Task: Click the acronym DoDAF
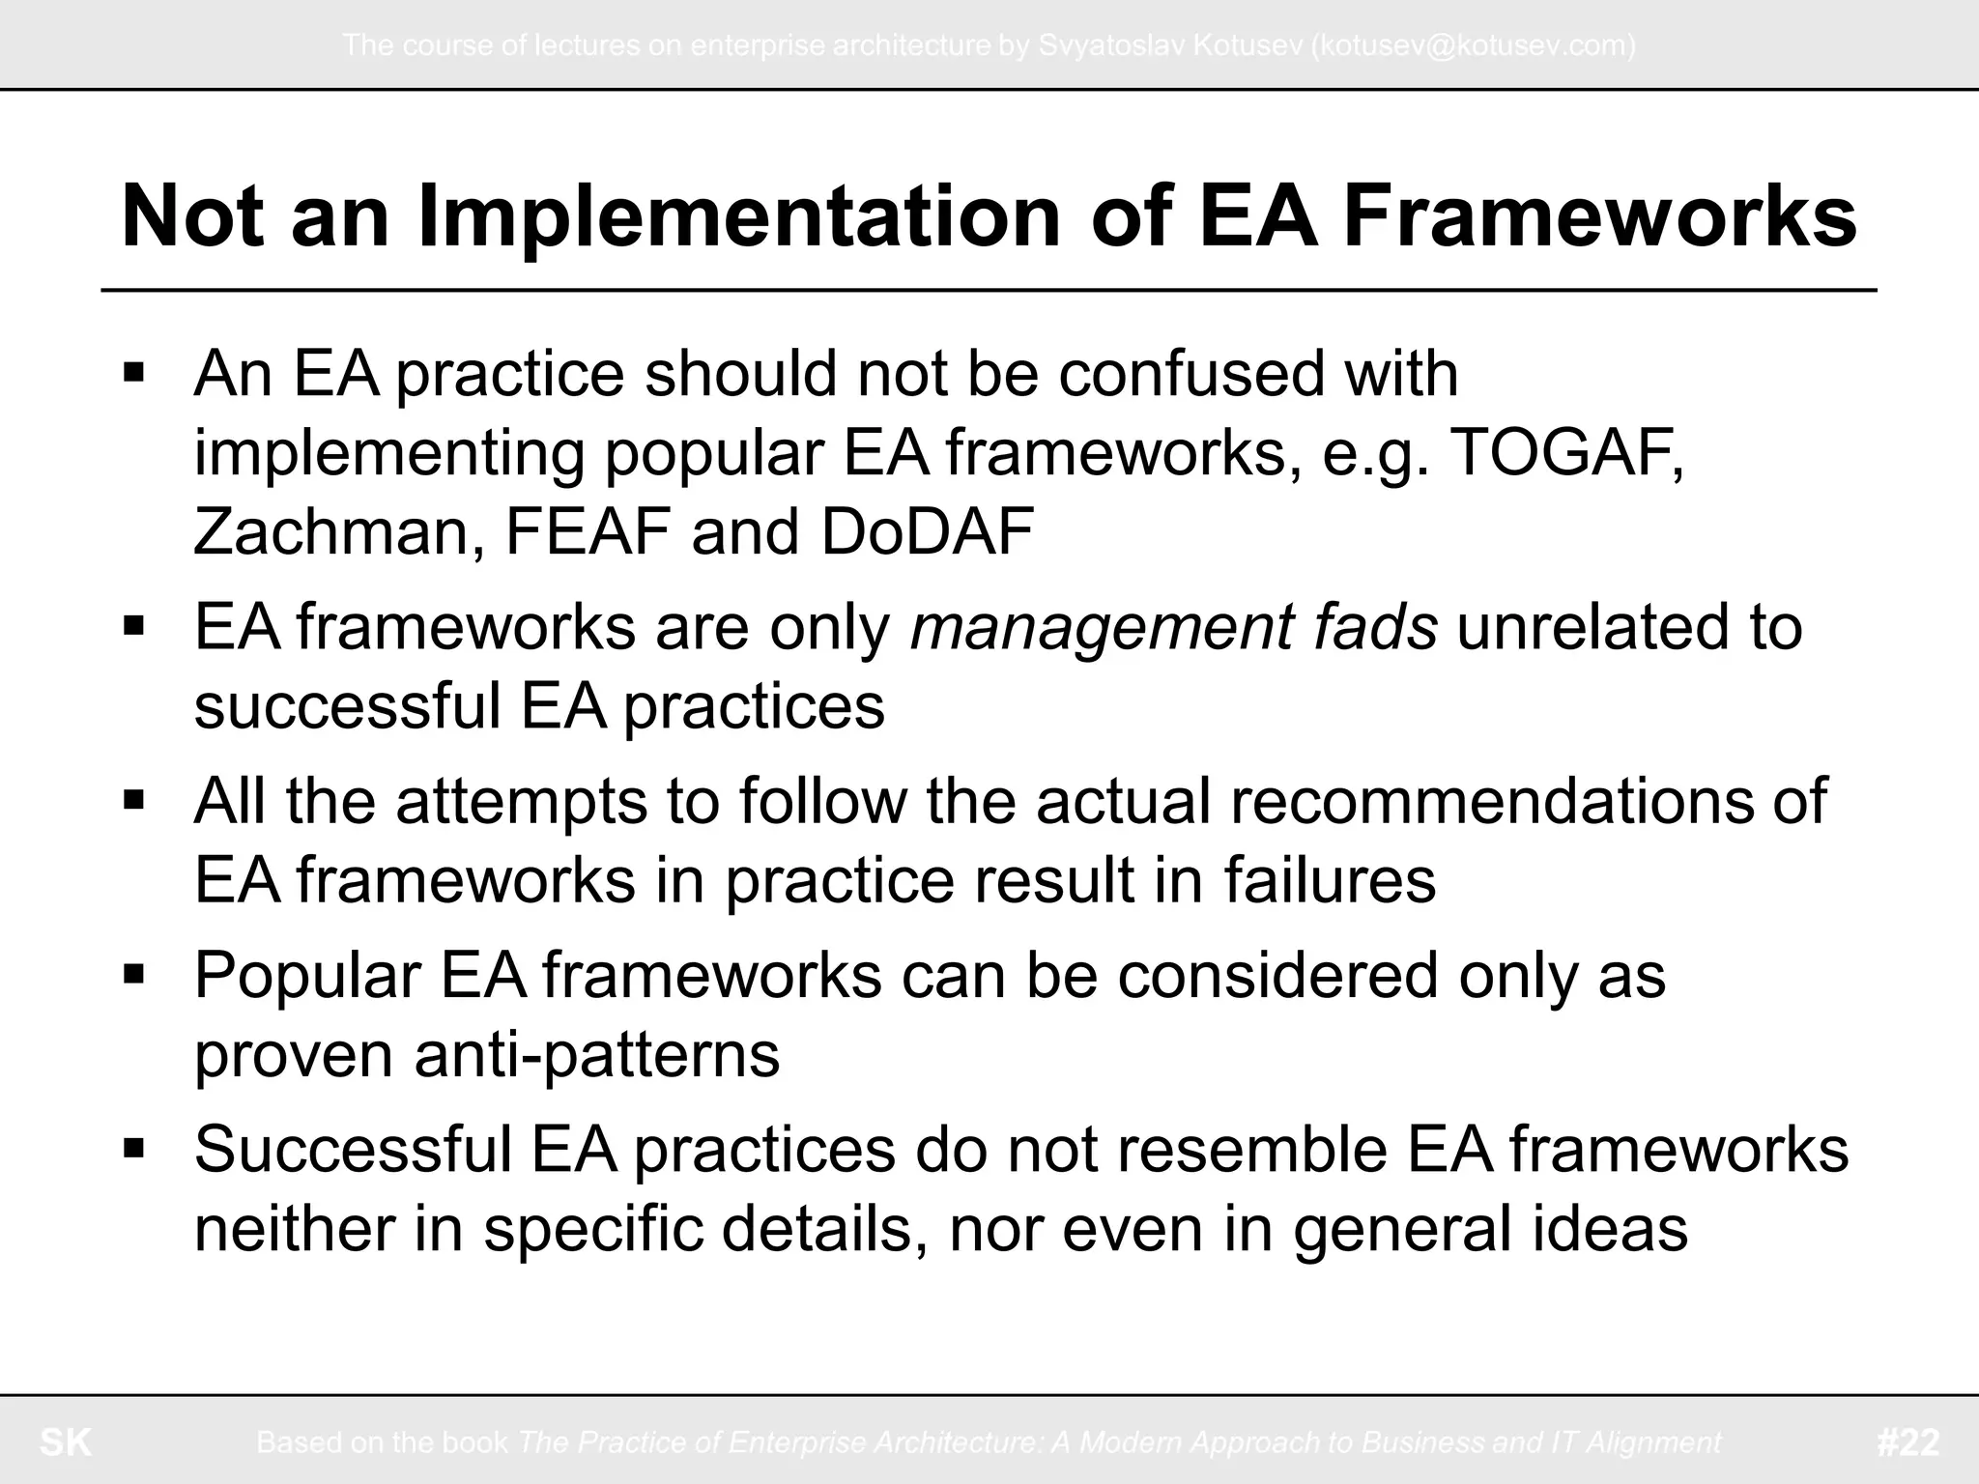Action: coord(927,531)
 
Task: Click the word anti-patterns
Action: coord(596,1054)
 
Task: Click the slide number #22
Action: coord(1907,1442)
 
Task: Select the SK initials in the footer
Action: coord(66,1442)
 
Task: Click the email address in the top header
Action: coord(1473,45)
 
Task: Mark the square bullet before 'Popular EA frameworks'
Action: coord(134,972)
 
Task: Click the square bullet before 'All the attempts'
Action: coord(134,798)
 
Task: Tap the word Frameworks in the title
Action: coord(1599,217)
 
